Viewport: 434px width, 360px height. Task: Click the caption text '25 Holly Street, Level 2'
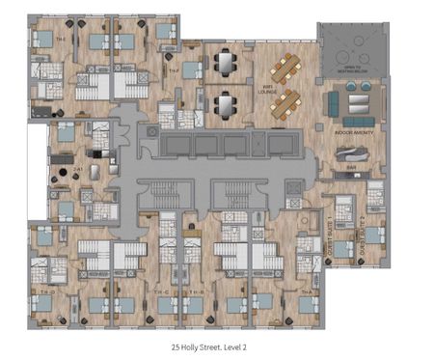[216, 342]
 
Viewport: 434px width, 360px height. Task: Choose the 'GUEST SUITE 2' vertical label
[362, 230]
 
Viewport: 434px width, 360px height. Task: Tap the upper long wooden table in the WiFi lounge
[286, 67]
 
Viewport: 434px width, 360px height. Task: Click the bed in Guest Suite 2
[370, 234]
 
